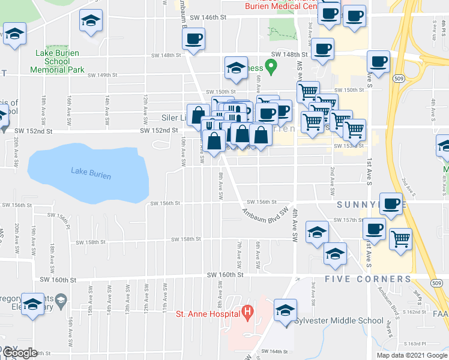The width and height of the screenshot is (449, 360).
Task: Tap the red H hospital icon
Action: pos(246,312)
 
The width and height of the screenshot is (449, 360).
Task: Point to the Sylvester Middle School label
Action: pos(339,320)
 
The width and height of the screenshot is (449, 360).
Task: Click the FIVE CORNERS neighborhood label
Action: pos(368,279)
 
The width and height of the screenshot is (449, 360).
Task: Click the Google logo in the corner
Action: pos(19,353)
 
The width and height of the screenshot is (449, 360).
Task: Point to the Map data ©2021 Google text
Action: pos(411,355)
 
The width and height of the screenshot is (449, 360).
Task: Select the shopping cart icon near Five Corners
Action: pos(400,239)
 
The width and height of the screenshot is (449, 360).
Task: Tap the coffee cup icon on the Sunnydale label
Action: pos(391,203)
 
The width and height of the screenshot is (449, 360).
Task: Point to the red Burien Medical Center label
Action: pos(281,7)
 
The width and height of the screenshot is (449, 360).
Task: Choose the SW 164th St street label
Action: pos(275,352)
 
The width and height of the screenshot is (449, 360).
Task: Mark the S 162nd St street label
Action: pos(414,312)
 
